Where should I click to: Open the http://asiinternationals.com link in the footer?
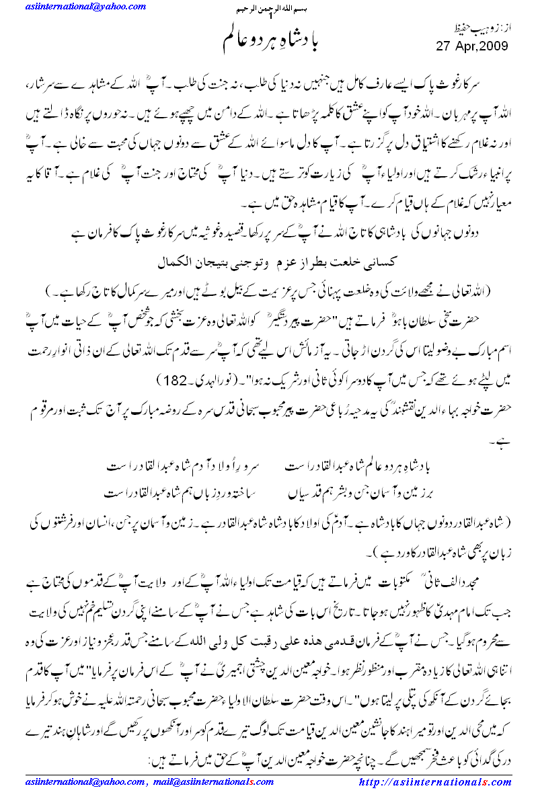coord(436,782)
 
